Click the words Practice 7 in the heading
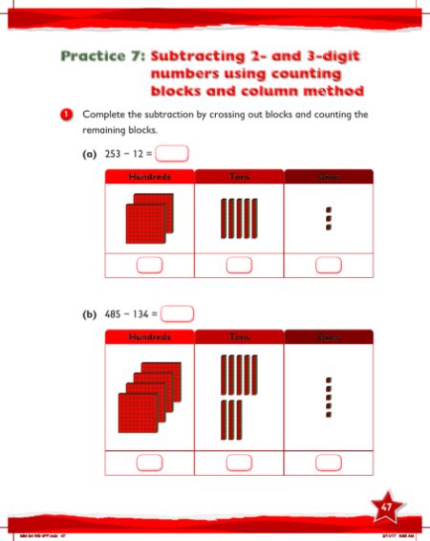pos(99,56)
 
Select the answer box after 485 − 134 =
pos(179,313)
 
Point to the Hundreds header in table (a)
pos(148,177)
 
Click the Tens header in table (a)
pos(239,177)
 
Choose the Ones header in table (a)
pos(329,177)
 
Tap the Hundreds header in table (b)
pos(148,337)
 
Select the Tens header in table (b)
pos(239,337)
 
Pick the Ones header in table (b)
pos(329,337)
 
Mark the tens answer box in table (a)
pos(239,266)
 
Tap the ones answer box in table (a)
pos(329,266)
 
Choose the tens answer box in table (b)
pos(239,464)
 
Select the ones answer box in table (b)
pos(329,464)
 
